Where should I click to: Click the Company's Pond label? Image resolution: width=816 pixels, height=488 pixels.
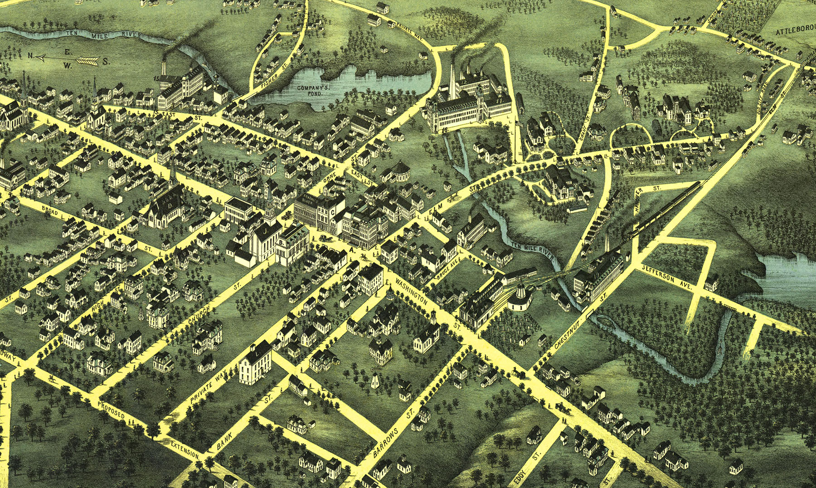click(x=310, y=90)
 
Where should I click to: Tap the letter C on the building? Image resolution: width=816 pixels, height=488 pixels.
click(x=333, y=212)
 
